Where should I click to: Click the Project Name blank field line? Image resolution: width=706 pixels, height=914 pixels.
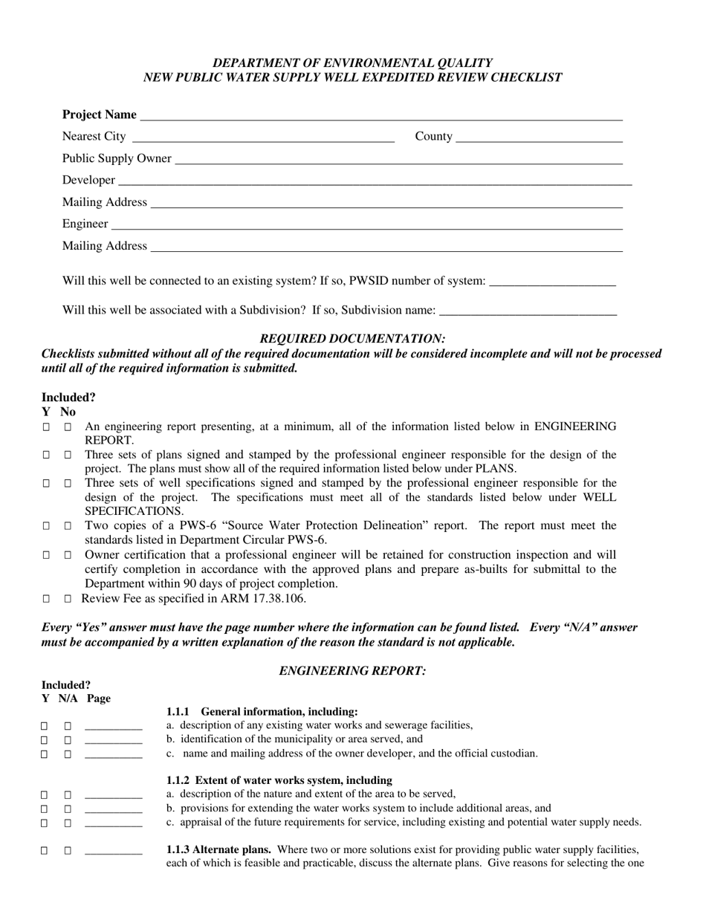[380, 115]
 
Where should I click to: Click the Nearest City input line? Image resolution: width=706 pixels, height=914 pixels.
[262, 137]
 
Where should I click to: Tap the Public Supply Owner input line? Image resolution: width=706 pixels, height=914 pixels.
[398, 159]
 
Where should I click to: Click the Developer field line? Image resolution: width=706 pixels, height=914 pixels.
[375, 181]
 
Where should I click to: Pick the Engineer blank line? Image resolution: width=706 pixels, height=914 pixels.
[366, 224]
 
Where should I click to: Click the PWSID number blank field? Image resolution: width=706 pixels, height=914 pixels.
[553, 282]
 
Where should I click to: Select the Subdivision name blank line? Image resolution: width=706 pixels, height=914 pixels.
[528, 311]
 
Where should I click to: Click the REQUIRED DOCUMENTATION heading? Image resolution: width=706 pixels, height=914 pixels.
[353, 339]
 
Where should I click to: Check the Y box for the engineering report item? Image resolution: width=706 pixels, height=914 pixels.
[46, 428]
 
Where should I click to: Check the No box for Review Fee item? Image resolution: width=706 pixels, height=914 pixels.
[68, 599]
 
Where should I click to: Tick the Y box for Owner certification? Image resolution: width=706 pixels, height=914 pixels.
[46, 556]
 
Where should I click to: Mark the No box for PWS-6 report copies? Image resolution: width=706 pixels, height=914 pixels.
[68, 527]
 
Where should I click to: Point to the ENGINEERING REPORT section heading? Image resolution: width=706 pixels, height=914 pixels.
[353, 671]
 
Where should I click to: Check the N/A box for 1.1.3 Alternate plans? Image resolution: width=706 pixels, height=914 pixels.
[68, 852]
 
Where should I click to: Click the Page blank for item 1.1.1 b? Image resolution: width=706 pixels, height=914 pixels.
[113, 741]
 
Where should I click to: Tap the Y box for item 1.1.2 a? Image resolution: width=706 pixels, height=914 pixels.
[45, 795]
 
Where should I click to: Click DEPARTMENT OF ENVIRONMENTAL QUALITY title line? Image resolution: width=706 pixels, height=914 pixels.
[353, 63]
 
